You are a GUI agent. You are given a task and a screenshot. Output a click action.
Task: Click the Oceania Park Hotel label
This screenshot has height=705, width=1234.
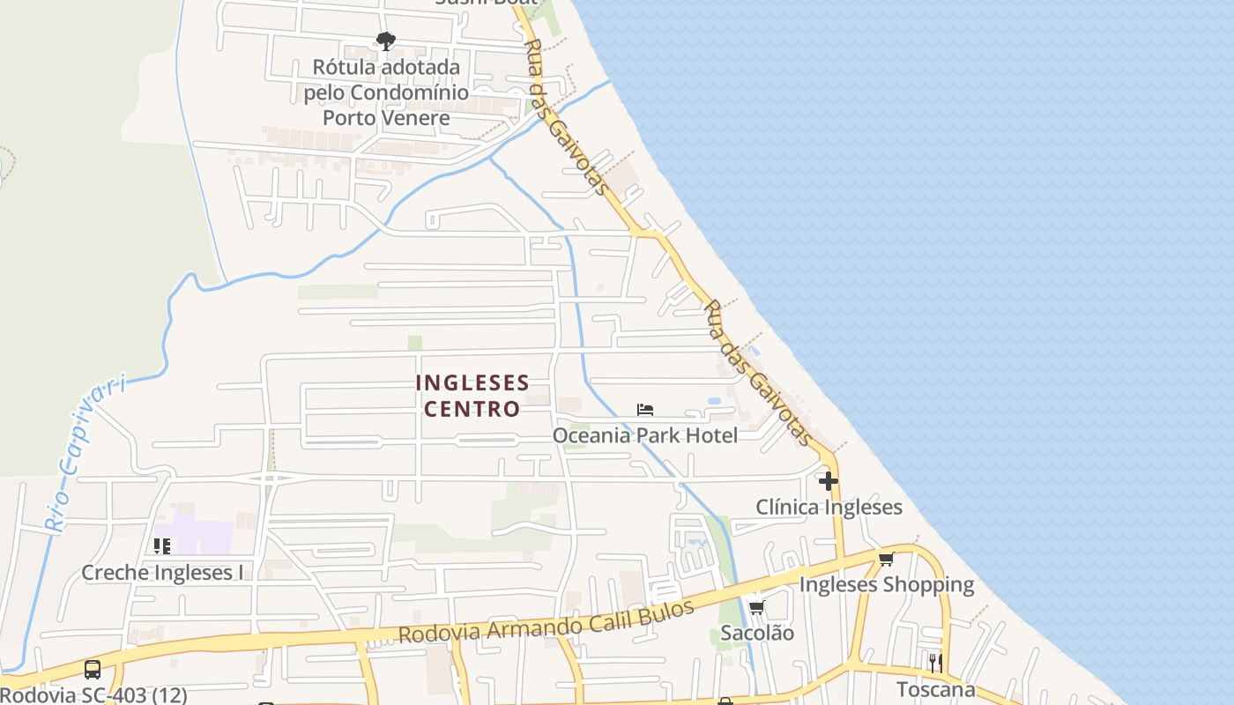coord(645,435)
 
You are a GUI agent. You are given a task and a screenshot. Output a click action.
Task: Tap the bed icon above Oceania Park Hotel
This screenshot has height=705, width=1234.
coord(645,410)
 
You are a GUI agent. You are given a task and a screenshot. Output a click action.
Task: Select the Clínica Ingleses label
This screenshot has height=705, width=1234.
coord(829,507)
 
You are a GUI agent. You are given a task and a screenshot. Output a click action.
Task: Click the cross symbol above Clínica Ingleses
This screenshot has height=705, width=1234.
coord(829,481)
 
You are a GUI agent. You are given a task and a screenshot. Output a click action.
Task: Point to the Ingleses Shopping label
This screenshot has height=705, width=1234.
coord(886,584)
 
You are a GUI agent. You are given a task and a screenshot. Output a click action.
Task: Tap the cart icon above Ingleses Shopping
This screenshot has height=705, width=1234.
coord(886,559)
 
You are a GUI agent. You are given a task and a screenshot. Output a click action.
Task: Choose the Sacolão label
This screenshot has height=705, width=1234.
coord(757,633)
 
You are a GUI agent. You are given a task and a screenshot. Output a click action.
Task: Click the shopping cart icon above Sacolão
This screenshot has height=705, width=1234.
coord(756,607)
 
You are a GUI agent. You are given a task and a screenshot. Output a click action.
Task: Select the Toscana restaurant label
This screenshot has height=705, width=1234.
coord(935,688)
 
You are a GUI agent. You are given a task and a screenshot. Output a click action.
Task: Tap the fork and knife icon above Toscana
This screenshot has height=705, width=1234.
coord(935,663)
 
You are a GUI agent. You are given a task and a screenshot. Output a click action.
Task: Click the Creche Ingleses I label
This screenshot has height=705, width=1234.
coord(162,573)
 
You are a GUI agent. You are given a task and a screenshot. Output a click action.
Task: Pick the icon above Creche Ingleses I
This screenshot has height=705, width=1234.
coord(162,547)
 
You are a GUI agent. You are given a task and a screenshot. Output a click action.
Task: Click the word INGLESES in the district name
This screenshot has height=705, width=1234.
coord(472,382)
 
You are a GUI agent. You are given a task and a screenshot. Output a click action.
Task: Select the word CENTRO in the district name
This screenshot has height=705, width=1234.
coord(472,409)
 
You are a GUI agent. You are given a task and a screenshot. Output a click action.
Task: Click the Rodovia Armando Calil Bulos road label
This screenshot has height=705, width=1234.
coord(546,621)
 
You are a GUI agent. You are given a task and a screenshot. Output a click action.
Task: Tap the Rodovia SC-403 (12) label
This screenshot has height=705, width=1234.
coord(93,694)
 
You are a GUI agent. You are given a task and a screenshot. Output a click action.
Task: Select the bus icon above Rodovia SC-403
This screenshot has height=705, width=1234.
coord(93,670)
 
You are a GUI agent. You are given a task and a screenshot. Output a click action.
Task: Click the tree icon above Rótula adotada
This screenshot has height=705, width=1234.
coord(385,41)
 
